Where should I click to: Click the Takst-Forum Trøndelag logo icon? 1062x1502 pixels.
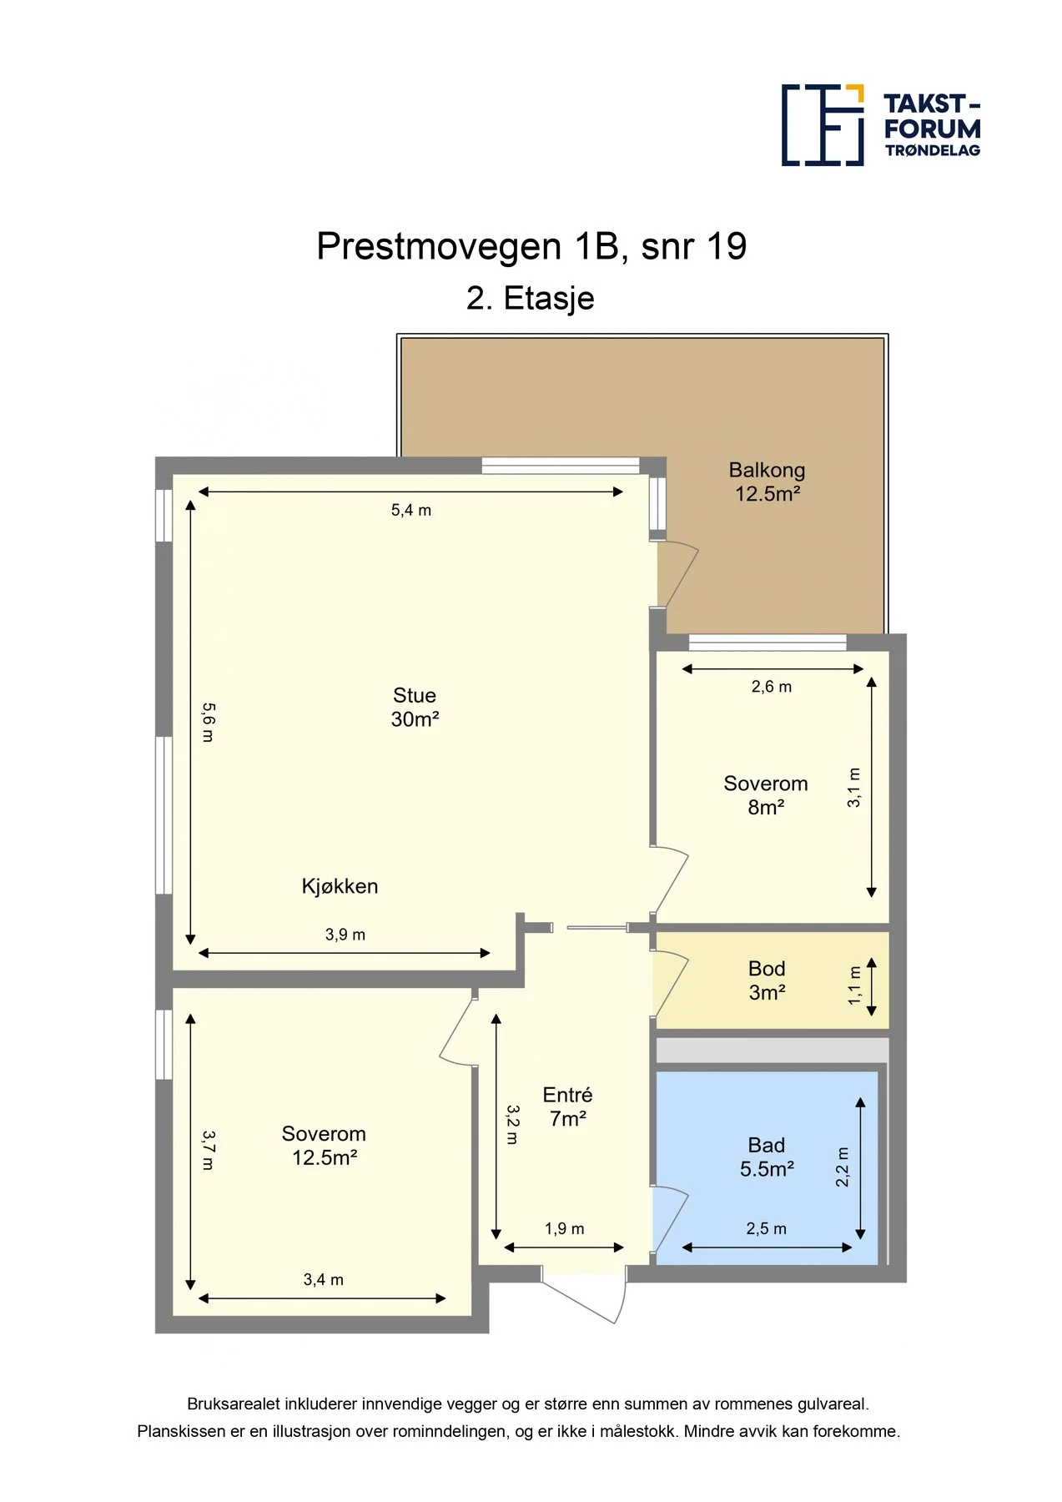pos(823,124)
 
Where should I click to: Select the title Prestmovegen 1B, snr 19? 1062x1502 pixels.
pos(531,246)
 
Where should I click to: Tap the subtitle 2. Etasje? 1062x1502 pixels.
pos(531,298)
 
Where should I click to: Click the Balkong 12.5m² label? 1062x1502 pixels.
pos(767,481)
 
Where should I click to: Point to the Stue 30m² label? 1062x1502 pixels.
pos(415,707)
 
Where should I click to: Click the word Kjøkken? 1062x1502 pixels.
pos(340,886)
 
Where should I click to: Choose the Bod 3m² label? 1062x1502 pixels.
pos(767,980)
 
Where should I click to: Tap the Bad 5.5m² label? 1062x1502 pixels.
pos(767,1157)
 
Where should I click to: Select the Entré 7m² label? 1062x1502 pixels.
pos(567,1106)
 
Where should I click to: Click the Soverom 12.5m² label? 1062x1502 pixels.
pos(324,1145)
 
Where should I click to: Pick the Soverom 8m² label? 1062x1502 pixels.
pos(766,795)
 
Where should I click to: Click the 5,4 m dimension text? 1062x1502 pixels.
pos(411,510)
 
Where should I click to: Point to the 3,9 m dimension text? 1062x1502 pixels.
pos(345,935)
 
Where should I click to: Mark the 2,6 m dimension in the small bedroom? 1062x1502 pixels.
pos(772,687)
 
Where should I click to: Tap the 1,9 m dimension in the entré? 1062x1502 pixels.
pos(565,1228)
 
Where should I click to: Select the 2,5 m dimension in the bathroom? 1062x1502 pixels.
pos(767,1228)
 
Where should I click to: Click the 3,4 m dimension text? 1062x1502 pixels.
pos(324,1279)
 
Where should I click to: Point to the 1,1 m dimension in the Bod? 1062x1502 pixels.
pos(855,985)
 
